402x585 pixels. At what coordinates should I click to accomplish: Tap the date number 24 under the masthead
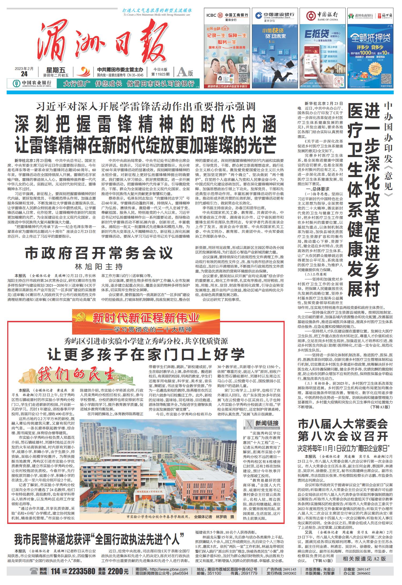(24, 74)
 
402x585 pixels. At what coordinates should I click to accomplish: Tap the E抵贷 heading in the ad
(318, 34)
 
